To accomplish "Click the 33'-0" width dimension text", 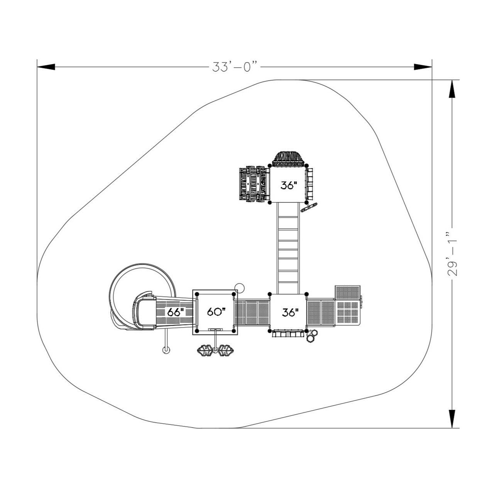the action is [x=235, y=67].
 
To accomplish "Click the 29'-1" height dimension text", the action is [x=452, y=254].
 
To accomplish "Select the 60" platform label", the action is [x=216, y=312].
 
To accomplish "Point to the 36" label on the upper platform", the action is [x=289, y=186].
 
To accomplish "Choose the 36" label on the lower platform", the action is [x=290, y=312].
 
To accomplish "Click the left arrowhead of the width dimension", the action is [x=46, y=67].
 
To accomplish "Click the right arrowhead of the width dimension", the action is [x=423, y=67].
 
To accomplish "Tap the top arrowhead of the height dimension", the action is [x=451, y=89].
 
